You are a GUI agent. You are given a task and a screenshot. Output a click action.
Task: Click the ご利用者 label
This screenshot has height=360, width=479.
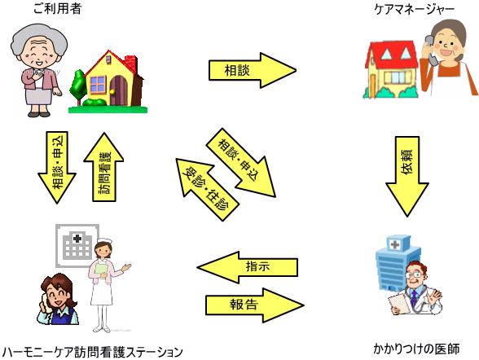click(x=57, y=8)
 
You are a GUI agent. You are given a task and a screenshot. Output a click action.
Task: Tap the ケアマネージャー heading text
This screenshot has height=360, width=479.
click(x=414, y=9)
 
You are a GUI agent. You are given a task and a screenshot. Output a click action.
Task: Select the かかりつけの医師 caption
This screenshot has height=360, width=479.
click(x=416, y=349)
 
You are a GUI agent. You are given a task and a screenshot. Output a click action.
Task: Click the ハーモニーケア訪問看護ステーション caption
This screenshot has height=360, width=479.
click(x=93, y=352)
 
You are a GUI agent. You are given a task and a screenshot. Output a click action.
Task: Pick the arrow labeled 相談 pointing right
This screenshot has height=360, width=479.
click(x=253, y=70)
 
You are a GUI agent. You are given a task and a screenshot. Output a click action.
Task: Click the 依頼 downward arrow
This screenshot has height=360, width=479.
click(x=407, y=176)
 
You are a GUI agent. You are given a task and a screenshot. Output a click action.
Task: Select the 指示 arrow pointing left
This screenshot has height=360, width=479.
click(x=247, y=267)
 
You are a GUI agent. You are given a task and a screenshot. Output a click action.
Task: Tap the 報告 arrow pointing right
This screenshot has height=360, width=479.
click(x=255, y=305)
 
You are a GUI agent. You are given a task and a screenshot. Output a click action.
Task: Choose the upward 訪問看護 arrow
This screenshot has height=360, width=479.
click(x=104, y=167)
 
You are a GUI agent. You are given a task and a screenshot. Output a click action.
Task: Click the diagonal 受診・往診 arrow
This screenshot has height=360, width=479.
click(x=207, y=189)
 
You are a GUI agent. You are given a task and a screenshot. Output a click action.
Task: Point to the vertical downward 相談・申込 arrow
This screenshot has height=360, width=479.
click(x=57, y=167)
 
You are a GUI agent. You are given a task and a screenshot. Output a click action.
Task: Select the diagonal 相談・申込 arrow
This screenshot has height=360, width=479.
click(x=241, y=162)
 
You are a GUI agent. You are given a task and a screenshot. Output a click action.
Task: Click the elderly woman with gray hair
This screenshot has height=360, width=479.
click(x=39, y=71)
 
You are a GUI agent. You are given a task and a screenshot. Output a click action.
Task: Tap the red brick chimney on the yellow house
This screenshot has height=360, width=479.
click(x=130, y=64)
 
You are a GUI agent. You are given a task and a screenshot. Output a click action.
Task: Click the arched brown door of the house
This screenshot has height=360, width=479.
click(x=119, y=90)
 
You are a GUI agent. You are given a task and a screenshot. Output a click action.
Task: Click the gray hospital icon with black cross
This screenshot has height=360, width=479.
click(x=77, y=245)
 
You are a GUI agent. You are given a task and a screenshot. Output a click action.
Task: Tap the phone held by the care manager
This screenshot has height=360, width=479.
click(x=431, y=50)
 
